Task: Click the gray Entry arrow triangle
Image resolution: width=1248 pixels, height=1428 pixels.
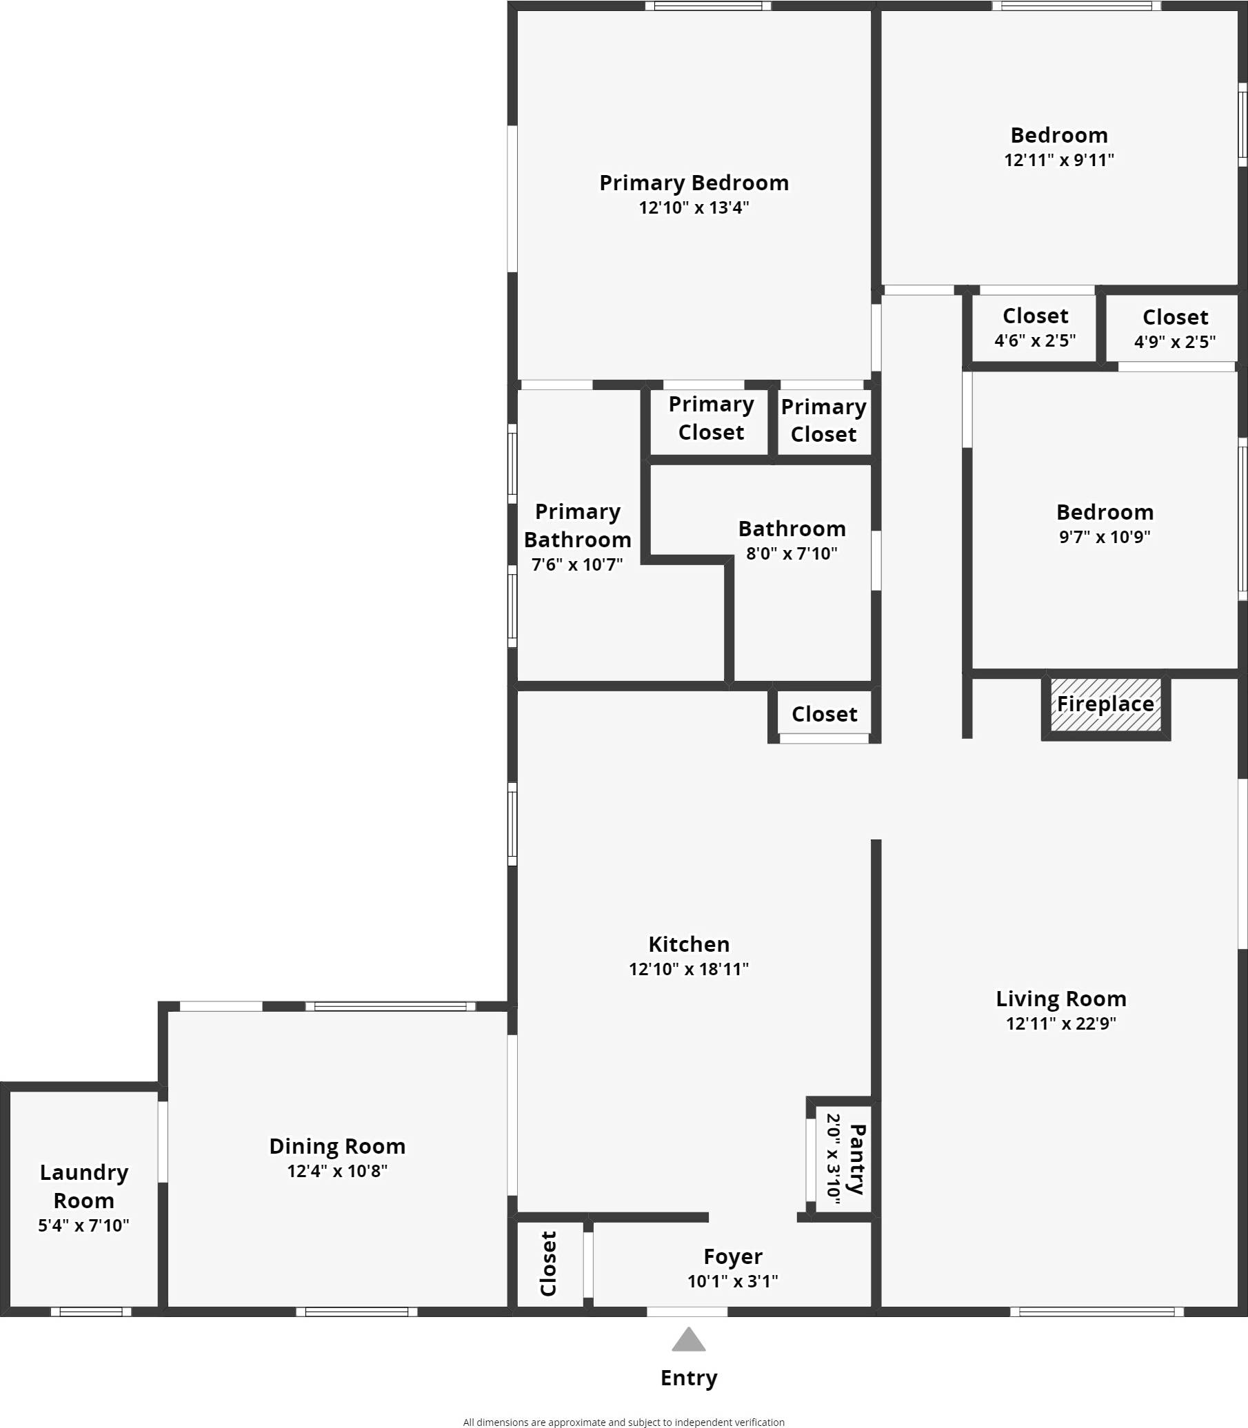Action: tap(688, 1340)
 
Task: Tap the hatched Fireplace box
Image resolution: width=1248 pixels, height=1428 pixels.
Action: tap(1105, 704)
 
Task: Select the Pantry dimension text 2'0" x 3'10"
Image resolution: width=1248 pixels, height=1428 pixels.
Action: tap(833, 1158)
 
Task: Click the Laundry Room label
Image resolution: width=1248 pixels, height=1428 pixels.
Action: tap(83, 1185)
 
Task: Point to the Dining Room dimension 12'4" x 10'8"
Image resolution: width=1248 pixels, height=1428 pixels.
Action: tap(337, 1170)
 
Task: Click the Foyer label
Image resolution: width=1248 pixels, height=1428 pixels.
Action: tap(733, 1255)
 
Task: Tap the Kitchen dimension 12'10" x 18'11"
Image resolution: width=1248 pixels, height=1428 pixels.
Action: tap(688, 968)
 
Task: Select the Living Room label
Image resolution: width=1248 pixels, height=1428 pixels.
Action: tap(1060, 999)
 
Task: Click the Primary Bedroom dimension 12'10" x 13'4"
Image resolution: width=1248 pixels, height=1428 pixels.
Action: tap(694, 207)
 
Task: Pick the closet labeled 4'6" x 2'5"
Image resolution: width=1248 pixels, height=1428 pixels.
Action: tap(1035, 327)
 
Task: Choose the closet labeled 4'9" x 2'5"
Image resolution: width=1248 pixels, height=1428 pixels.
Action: tap(1175, 329)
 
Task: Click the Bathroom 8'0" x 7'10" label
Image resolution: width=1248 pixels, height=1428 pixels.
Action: tap(792, 529)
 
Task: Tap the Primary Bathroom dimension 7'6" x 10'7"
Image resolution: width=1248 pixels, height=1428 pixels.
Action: tap(576, 564)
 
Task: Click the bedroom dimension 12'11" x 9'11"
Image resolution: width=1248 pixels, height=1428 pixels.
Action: tap(1058, 160)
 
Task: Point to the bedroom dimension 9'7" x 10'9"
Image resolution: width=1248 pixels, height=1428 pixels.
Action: tap(1105, 536)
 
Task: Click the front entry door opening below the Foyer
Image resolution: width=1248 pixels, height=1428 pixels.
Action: tap(687, 1312)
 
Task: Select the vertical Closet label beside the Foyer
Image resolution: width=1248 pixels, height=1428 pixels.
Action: tap(549, 1264)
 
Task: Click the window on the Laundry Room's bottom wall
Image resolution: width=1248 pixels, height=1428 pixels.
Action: tap(90, 1312)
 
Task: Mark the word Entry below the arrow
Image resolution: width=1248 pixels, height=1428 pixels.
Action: tap(689, 1377)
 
